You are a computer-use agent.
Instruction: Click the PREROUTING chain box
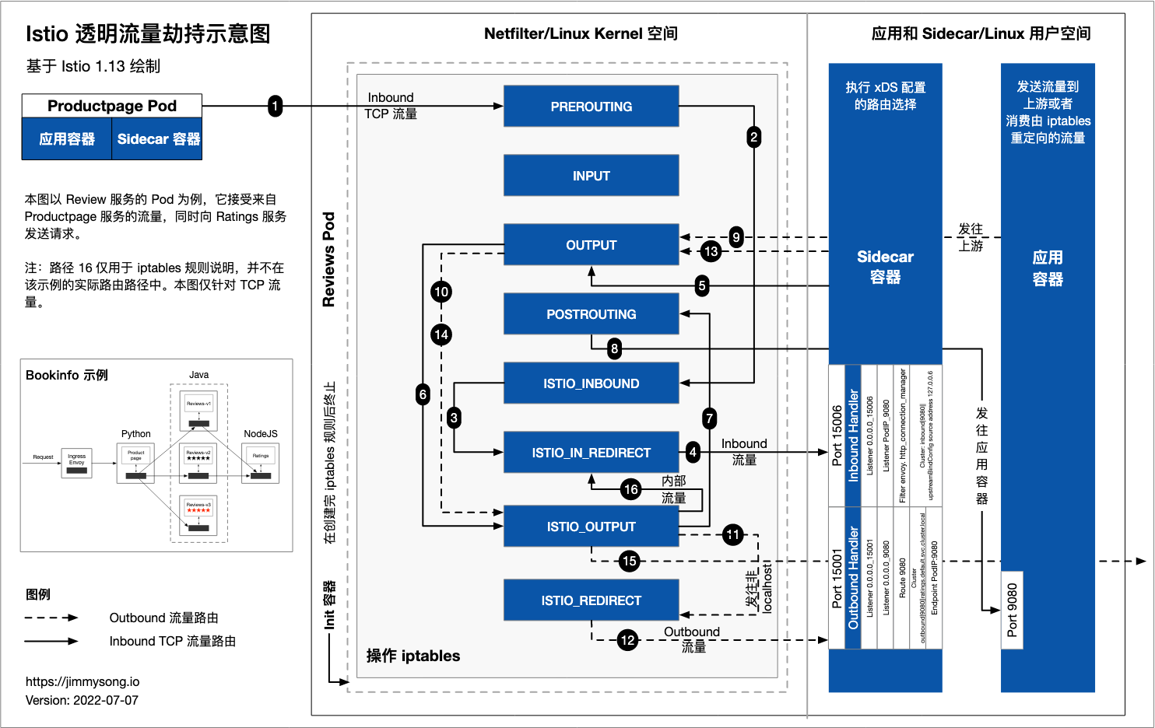tap(591, 107)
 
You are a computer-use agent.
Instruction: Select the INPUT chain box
tap(591, 176)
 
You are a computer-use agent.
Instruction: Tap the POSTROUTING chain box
tap(591, 314)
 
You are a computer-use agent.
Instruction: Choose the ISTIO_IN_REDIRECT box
tap(591, 453)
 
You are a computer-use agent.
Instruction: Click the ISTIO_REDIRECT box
tap(591, 600)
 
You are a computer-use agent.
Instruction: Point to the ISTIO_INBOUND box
tap(591, 383)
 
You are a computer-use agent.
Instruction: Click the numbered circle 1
tap(275, 106)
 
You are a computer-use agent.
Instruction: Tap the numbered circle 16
tap(630, 489)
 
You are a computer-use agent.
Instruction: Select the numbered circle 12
tap(627, 640)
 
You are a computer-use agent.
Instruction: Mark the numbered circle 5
tap(702, 285)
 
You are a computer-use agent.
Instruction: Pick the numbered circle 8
tap(615, 348)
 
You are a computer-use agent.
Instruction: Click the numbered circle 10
tap(441, 292)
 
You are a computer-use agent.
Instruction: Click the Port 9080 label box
tap(1012, 611)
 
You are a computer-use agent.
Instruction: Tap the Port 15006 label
tap(837, 436)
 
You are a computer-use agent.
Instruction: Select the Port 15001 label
tap(837, 579)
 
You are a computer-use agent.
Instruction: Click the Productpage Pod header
tap(112, 106)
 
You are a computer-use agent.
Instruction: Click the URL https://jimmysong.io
tap(82, 682)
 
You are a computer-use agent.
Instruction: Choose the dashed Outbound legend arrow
tap(51, 618)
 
